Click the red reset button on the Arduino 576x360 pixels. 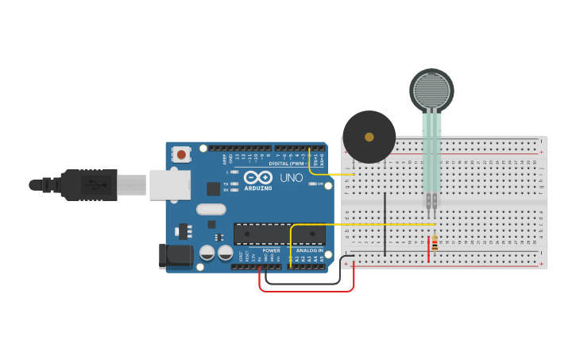tap(182, 154)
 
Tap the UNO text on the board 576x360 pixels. tap(292, 177)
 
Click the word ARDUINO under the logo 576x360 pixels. tap(258, 188)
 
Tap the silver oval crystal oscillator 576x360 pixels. tap(211, 209)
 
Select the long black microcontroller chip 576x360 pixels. tap(279, 234)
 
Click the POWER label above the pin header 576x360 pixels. tap(271, 250)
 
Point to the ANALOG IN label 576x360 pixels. tap(309, 250)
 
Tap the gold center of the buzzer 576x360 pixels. tap(369, 137)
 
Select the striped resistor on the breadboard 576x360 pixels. tap(435, 244)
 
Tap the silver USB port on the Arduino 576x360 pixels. tap(169, 184)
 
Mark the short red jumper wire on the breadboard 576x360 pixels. tap(429, 248)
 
